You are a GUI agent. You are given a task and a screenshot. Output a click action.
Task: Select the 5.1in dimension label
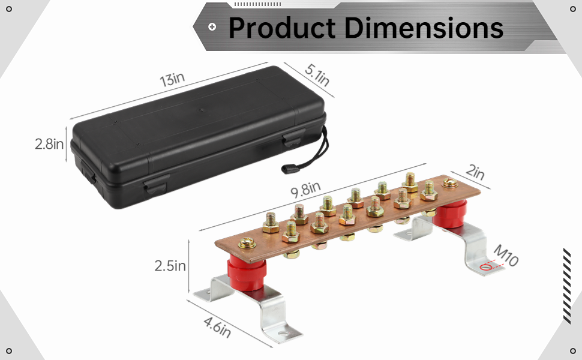click(317, 75)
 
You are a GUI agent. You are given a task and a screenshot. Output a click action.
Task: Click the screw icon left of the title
click(212, 27)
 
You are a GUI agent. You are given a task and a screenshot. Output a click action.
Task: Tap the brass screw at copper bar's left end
click(246, 244)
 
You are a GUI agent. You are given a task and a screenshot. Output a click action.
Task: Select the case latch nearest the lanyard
click(292, 140)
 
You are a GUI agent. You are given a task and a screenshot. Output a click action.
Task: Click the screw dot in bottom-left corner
click(9, 350)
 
